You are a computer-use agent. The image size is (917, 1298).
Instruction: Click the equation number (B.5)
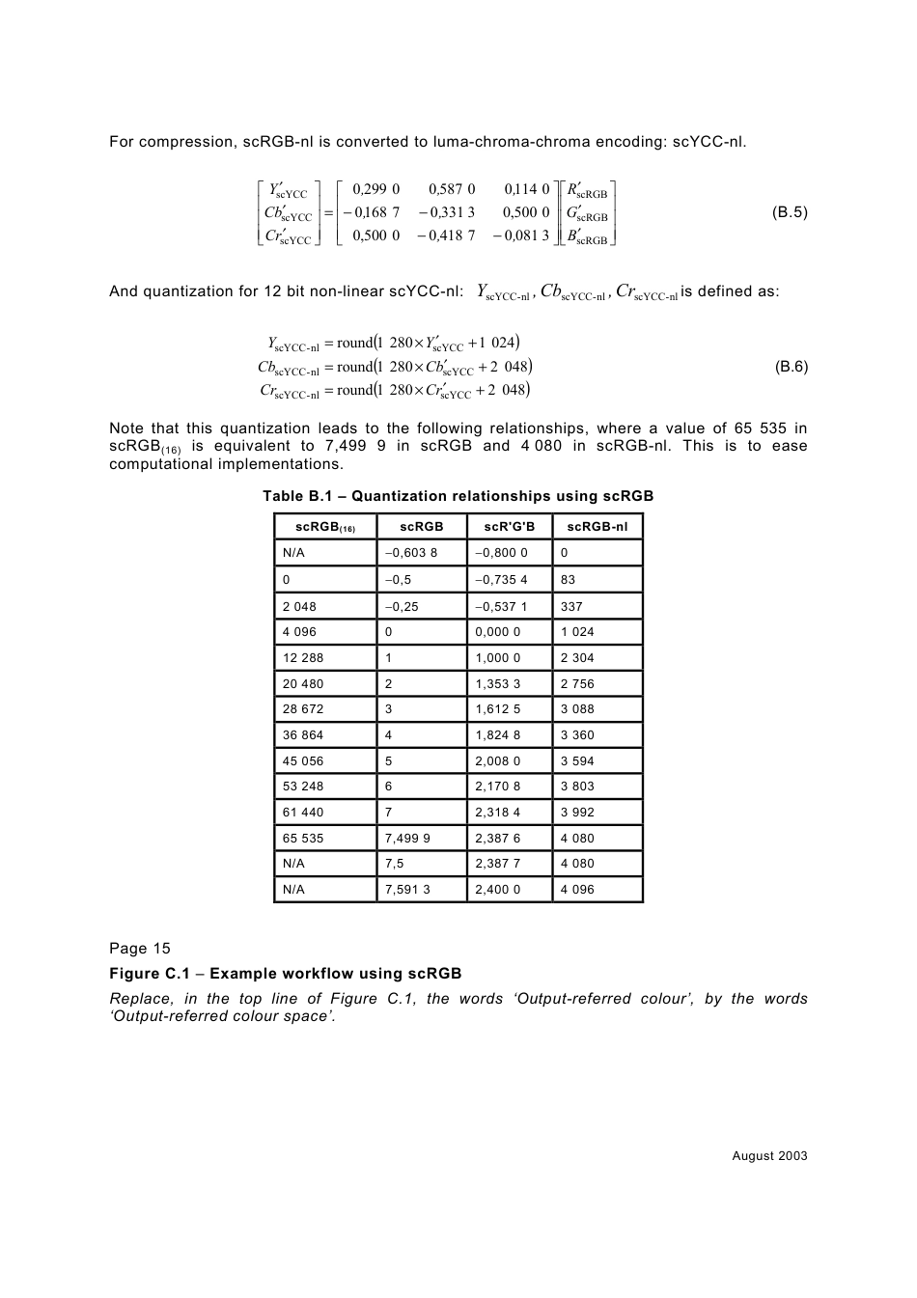790,212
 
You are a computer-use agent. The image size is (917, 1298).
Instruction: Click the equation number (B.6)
790,367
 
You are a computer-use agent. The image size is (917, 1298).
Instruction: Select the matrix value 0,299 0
376,190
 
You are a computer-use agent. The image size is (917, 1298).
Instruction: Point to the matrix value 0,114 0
526,190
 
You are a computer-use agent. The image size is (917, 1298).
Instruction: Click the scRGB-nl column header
597,527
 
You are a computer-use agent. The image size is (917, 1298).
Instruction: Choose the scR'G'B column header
509,527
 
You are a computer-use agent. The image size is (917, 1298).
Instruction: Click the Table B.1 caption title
458,496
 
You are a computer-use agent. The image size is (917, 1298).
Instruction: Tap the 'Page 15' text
139,948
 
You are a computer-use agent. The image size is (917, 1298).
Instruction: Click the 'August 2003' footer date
769,1156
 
